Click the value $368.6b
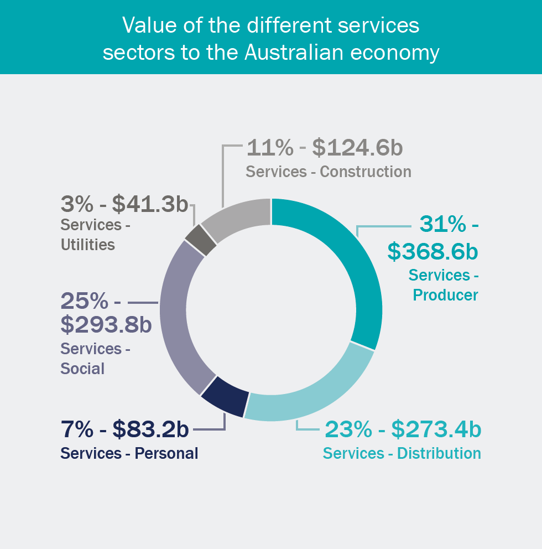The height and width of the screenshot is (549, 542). [432, 251]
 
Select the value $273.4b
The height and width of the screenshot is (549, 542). [436, 429]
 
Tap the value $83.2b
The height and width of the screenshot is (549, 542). [150, 429]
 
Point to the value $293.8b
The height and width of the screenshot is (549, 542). [106, 325]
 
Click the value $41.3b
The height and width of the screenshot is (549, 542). [150, 204]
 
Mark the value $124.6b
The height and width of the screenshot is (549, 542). [357, 148]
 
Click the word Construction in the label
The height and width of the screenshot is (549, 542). [366, 172]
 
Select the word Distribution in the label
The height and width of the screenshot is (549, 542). [439, 453]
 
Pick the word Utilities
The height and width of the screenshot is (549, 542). [88, 245]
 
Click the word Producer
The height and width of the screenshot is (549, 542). [445, 295]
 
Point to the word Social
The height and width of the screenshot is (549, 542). [82, 369]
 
